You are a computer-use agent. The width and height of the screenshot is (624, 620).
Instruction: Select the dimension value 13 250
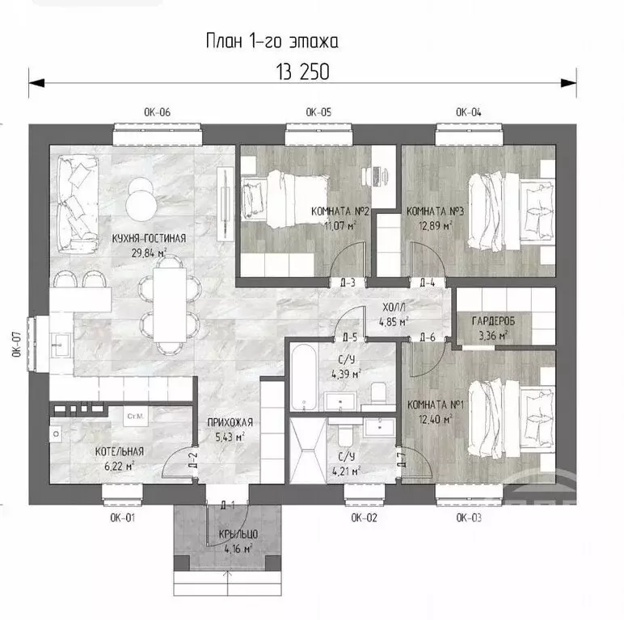pyautogui.click(x=303, y=72)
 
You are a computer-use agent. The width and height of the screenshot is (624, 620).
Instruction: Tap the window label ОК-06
pyautogui.click(x=157, y=112)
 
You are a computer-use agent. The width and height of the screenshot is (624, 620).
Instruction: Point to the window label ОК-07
pyautogui.click(x=16, y=344)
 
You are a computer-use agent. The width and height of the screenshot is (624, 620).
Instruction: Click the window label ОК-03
pyautogui.click(x=469, y=517)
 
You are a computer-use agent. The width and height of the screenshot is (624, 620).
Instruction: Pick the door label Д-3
pyautogui.click(x=348, y=283)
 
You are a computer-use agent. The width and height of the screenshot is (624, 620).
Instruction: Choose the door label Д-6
pyautogui.click(x=428, y=337)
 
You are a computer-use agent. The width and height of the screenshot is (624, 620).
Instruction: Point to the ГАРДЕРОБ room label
pyautogui.click(x=493, y=321)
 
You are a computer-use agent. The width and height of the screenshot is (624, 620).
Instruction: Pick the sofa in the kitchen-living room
pyautogui.click(x=78, y=199)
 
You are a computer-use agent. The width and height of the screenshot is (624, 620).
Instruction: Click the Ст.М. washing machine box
pyautogui.click(x=135, y=417)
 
